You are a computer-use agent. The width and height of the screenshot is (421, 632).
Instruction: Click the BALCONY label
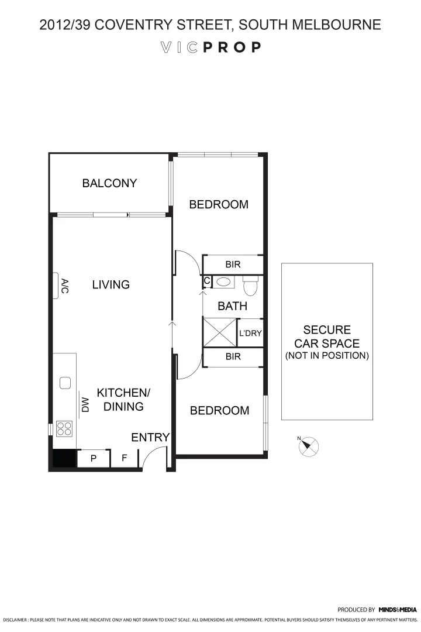coord(109,183)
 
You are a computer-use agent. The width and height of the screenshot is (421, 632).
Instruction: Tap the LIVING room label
coord(111,285)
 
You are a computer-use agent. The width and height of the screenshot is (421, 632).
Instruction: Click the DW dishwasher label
coord(84,405)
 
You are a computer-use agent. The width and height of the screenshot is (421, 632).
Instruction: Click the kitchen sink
coord(65,383)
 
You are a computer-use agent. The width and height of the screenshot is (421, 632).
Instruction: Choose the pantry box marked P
coord(93,459)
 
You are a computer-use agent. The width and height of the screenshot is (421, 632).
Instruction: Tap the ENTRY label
coord(150,437)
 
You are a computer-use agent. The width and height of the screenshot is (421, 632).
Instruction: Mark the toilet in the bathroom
coord(250,287)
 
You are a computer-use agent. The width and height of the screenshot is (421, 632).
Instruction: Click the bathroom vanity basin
coord(223,282)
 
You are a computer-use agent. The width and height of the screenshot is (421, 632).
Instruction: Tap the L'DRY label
coord(250,334)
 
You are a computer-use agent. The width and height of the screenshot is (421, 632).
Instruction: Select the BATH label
coord(232,306)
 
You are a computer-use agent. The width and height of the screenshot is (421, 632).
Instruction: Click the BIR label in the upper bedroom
coord(233,265)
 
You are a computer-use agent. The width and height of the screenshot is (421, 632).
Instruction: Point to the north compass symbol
coord(309,446)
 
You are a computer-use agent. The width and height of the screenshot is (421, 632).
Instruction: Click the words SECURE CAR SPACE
coord(327,336)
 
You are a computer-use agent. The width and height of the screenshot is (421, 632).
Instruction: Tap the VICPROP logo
coord(210,47)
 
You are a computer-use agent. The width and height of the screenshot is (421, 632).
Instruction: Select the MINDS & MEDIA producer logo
coord(398,610)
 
